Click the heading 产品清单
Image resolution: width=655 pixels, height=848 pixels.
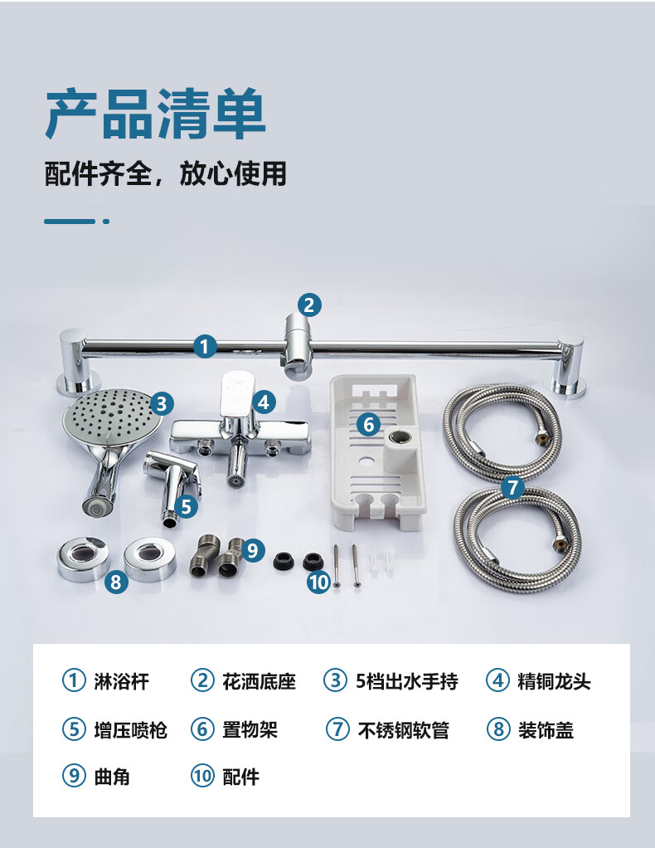[x=155, y=114]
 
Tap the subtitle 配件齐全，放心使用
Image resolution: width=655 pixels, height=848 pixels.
[x=165, y=173]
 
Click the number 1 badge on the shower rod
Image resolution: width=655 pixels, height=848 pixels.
[x=205, y=346]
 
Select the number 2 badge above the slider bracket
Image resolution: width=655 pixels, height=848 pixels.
[x=309, y=305]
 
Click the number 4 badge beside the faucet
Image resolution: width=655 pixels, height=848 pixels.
[x=263, y=402]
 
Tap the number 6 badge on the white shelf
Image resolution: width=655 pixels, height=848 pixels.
[x=369, y=425]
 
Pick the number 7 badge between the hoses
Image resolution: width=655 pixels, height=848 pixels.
[x=512, y=488]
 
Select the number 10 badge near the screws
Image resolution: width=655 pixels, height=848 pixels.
[x=319, y=582]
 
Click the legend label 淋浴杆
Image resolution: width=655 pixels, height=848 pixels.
[x=121, y=681]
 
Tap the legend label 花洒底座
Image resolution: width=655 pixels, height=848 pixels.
[x=260, y=681]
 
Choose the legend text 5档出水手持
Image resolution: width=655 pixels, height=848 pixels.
[x=407, y=681]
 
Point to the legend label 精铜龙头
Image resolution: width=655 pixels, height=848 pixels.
[x=555, y=681]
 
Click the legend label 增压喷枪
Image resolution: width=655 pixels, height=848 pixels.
[x=131, y=730]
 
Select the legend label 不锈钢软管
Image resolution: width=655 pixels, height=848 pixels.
[x=403, y=730]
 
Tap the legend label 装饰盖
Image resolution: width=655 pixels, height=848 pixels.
[x=546, y=730]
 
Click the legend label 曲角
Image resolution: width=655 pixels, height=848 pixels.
[x=112, y=777]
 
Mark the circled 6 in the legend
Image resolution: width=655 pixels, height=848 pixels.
[x=202, y=729]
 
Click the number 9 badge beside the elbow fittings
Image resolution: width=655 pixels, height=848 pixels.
[x=252, y=551]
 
